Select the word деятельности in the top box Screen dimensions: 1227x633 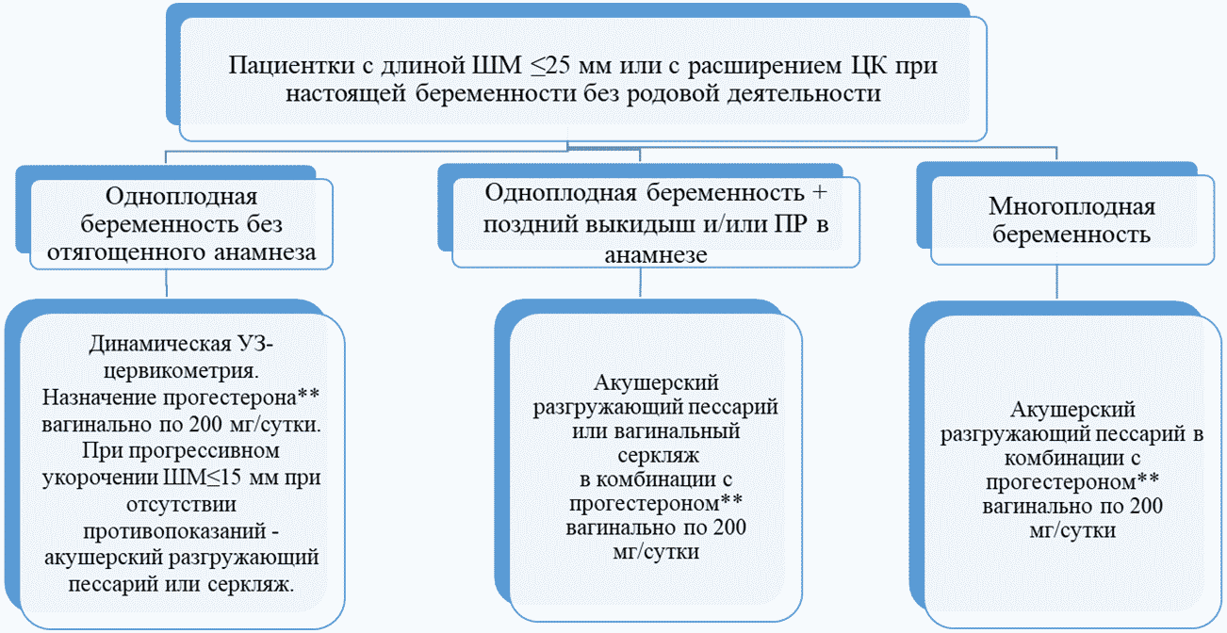point(804,93)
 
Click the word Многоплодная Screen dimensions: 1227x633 point(1072,206)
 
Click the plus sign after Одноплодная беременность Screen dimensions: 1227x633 point(820,193)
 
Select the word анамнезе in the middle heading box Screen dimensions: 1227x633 point(656,254)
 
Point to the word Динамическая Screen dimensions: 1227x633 point(160,344)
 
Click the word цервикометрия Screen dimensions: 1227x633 point(181,371)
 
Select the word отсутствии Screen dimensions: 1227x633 point(181,504)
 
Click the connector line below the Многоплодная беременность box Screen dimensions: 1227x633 point(1056,283)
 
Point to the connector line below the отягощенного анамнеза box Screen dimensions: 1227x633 point(167,284)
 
